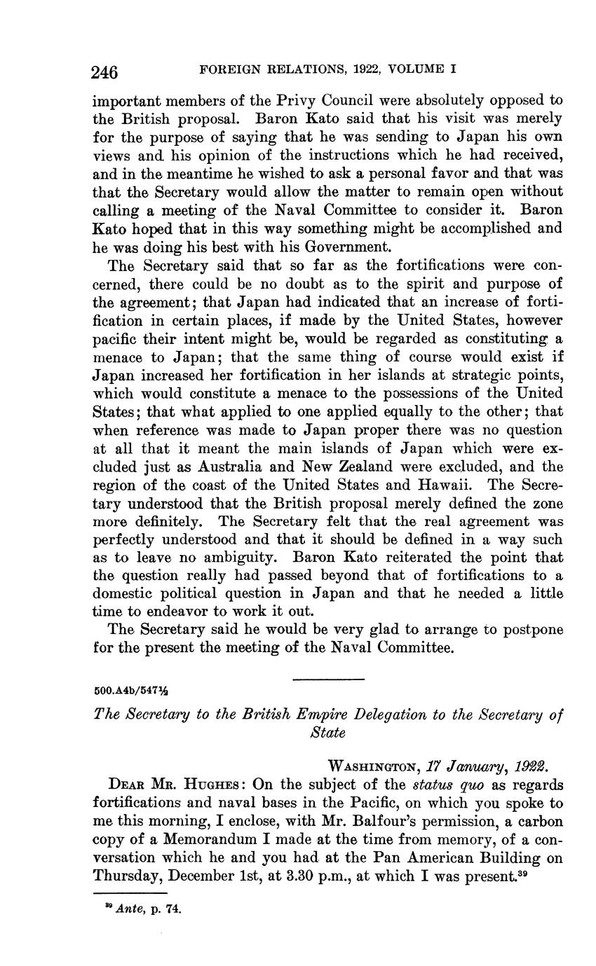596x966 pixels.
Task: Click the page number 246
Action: (x=104, y=71)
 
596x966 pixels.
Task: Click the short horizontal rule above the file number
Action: (x=328, y=679)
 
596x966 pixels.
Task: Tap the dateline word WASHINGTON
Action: (x=370, y=766)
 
